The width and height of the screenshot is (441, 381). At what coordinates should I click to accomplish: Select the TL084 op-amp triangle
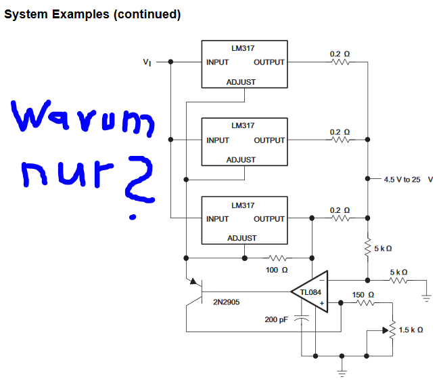tap(310, 292)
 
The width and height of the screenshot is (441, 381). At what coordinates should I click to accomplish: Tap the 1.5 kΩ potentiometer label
tap(411, 329)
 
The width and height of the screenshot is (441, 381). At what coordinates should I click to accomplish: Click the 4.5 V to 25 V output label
tap(407, 180)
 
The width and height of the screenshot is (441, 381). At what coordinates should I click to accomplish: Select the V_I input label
tap(147, 62)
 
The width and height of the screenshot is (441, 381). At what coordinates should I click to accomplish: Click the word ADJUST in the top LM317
tap(241, 82)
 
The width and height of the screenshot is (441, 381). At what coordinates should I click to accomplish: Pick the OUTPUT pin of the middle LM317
tap(269, 140)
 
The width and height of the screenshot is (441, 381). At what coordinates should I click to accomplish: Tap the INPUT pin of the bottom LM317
tap(218, 219)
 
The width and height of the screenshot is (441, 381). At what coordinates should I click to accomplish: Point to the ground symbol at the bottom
tap(342, 372)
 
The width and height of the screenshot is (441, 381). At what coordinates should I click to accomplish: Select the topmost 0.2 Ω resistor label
tap(340, 54)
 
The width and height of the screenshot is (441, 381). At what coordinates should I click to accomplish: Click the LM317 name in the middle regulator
tap(242, 125)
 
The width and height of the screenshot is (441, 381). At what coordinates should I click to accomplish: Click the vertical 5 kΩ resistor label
tap(382, 248)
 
